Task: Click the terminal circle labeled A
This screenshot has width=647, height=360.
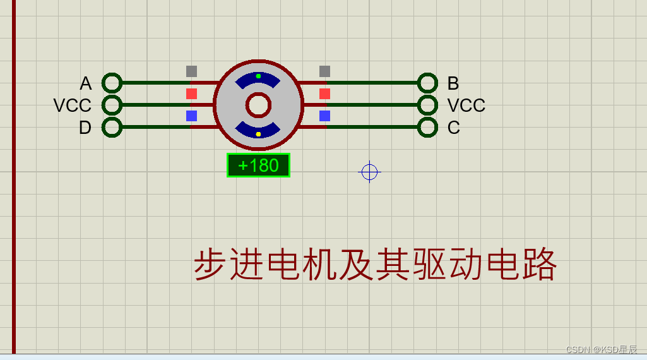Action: (x=112, y=83)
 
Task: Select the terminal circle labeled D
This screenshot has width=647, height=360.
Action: (x=112, y=127)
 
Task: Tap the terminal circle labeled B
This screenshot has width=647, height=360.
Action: (x=427, y=83)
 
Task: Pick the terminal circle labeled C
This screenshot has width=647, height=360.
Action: (x=427, y=127)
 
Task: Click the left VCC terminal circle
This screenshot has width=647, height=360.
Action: (x=112, y=105)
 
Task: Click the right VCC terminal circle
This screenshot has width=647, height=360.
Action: (x=427, y=105)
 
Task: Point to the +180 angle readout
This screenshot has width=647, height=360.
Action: (x=258, y=165)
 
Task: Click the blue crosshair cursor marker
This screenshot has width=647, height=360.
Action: (x=369, y=172)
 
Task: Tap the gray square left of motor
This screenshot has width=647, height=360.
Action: (x=191, y=71)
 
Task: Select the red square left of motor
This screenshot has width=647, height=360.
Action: (x=191, y=93)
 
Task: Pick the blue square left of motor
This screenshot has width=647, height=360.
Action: (x=191, y=116)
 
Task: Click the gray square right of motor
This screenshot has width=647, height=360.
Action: (x=324, y=71)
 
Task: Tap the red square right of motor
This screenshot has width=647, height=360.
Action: (x=324, y=93)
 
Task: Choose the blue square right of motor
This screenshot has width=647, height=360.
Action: (x=324, y=116)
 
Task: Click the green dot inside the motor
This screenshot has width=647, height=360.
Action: (x=258, y=76)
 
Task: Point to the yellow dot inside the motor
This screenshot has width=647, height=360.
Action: (x=258, y=134)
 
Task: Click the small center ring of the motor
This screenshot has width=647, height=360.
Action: (x=258, y=105)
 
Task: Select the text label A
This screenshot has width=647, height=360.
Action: (x=86, y=83)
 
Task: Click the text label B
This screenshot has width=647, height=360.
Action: (x=453, y=83)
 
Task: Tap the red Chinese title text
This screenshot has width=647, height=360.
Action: (x=375, y=265)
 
